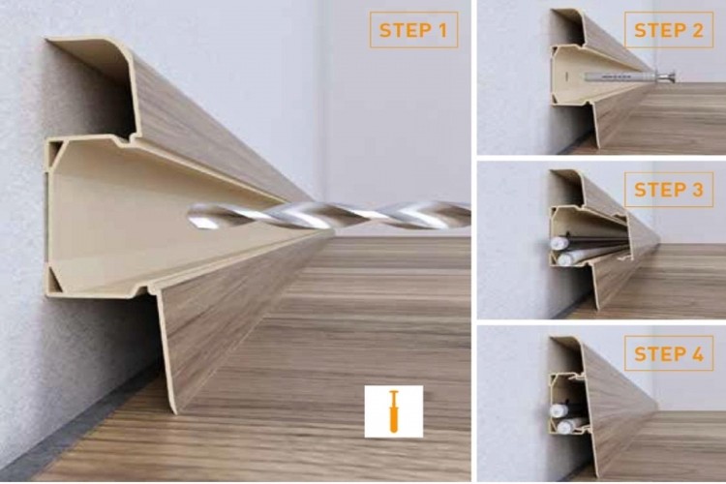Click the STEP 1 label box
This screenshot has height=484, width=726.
413,30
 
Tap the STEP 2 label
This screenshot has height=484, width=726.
669,30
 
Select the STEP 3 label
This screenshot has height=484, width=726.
669,190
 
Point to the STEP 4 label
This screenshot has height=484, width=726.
669,354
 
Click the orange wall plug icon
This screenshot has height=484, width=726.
394,411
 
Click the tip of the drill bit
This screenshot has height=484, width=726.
191,216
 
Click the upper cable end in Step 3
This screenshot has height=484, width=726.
558,243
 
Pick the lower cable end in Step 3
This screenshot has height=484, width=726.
564,259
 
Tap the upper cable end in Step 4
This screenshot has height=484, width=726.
557,410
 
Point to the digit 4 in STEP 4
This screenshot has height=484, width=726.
697,354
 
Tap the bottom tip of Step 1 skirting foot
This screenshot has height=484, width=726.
174,412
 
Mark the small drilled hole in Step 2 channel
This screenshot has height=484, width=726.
566,75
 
